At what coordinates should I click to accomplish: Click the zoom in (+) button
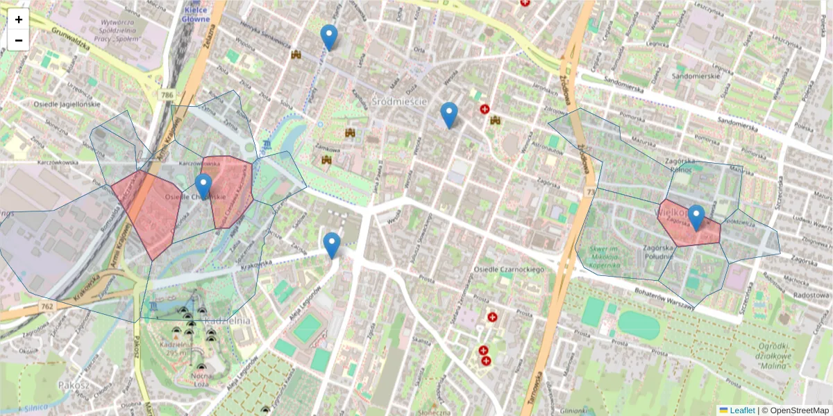pos(19,19)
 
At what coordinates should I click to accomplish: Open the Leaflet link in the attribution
pos(741,410)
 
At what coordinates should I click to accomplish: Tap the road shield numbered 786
pos(165,94)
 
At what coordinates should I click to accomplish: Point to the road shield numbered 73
pos(591,191)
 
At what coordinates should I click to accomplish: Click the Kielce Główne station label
pos(196,14)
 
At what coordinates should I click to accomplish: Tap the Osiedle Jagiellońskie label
pos(67,104)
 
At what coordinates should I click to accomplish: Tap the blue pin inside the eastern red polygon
pos(696,218)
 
